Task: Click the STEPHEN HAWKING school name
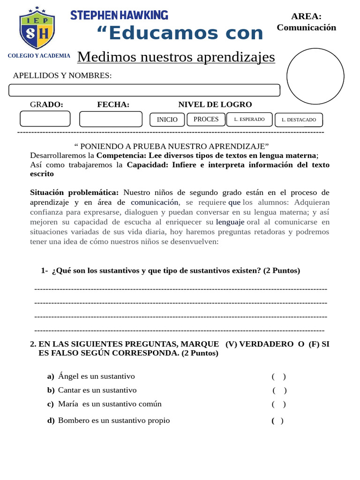coord(119,15)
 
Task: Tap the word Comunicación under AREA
coord(306,27)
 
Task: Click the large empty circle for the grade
coord(315,76)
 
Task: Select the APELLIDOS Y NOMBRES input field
coord(144,90)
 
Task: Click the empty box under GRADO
coord(45,119)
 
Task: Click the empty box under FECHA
coord(111,119)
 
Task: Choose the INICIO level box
coord(167,120)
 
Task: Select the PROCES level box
coord(206,119)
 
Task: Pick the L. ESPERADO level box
coord(249,120)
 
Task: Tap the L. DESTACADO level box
coord(299,120)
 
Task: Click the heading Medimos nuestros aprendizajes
coord(176,57)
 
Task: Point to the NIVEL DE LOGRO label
coord(215,105)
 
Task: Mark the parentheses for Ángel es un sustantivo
coord(278,376)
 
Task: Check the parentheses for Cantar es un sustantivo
coord(279,390)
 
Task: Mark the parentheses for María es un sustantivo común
coord(278,404)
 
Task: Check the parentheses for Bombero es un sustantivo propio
coord(277,420)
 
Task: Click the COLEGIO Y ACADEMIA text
coord(39,56)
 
